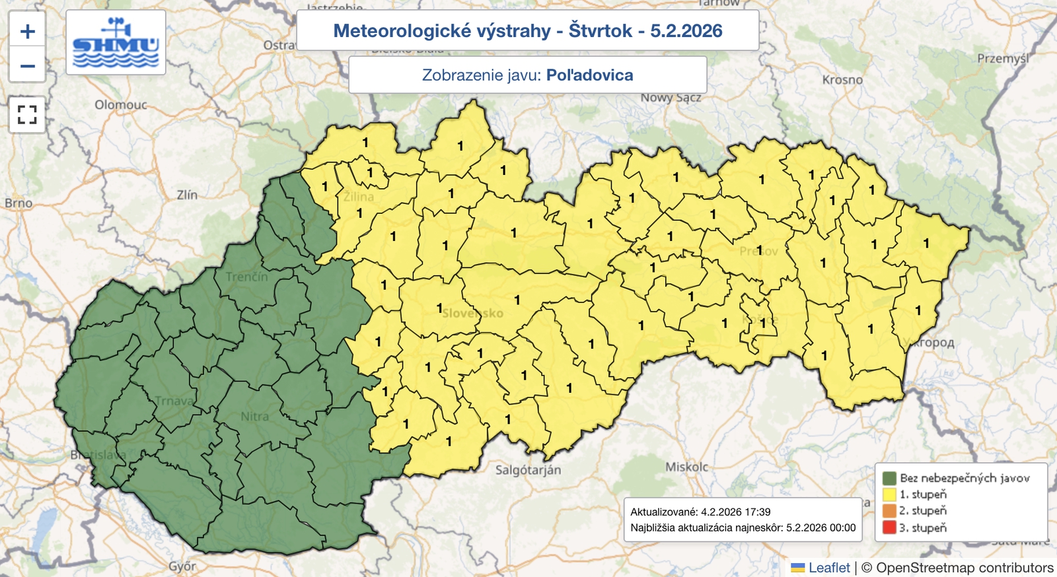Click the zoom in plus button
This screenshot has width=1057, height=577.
pos(27,31)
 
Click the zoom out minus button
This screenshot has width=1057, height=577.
pos(27,65)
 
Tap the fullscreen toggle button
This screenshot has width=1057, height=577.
pos(27,115)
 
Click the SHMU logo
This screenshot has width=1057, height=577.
pos(116,43)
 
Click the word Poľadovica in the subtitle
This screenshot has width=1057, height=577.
pos(589,75)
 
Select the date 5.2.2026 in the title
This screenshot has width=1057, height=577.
pos(686,31)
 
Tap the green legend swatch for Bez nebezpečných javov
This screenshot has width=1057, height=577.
pos(889,478)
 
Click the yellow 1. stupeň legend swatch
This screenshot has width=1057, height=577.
pos(889,494)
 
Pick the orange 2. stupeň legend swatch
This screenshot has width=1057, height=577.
pos(889,511)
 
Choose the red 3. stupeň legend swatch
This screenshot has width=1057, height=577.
pos(889,527)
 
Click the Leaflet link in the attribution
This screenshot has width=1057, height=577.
pos(829,568)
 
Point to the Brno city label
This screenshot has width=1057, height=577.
pos(18,203)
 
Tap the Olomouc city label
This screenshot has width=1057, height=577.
pos(121,105)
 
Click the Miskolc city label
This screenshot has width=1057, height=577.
pos(686,467)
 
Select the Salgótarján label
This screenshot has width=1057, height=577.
pos(528,470)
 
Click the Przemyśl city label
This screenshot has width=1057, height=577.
pos(1003,59)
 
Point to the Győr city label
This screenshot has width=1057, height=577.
pos(182,566)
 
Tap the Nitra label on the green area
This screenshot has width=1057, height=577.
pos(254,417)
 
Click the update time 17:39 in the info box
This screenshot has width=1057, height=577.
pos(758,512)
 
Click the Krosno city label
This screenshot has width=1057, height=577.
pos(842,80)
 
